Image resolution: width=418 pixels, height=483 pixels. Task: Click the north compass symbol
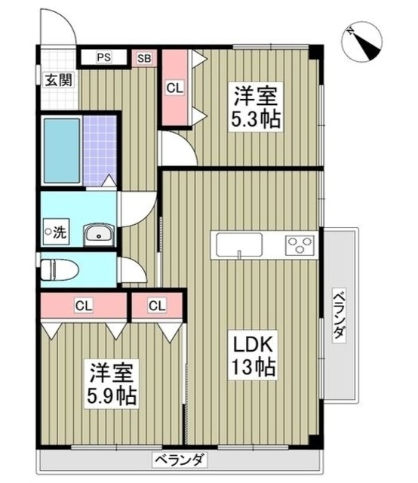coord(367,42)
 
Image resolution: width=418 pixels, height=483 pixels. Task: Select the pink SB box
coord(144,57)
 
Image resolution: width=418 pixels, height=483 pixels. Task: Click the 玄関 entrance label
coord(57,78)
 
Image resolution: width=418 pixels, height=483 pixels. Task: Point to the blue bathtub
coord(60,151)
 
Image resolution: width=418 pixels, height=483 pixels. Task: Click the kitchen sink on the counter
coord(238,245)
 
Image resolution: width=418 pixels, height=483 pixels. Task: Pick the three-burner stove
coord(300,245)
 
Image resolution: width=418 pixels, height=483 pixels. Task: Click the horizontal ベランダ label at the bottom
coord(179,459)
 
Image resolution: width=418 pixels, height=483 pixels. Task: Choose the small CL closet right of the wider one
coord(156,306)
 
